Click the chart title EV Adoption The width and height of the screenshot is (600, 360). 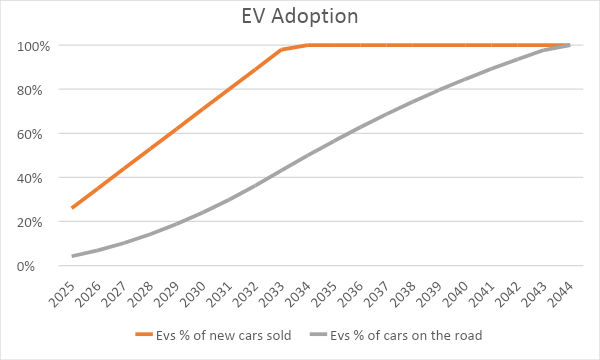pyautogui.click(x=299, y=17)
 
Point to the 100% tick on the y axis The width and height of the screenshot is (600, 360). pyautogui.click(x=32, y=46)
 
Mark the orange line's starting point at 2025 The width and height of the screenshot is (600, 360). pyautogui.click(x=72, y=208)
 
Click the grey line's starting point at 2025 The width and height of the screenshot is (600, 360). pyautogui.click(x=72, y=256)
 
